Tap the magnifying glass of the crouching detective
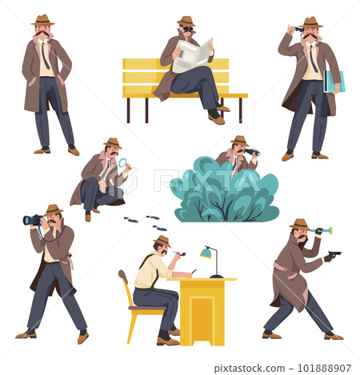click(x=122, y=163)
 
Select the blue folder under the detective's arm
click(x=334, y=82)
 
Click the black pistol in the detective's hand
click(x=333, y=256)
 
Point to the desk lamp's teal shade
click(x=206, y=253)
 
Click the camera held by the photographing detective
click(x=34, y=220)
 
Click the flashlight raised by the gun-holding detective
click(x=322, y=231)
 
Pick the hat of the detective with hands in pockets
click(x=42, y=19)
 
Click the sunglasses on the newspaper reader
click(x=186, y=29)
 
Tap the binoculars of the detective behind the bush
click(x=251, y=152)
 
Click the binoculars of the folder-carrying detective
click(x=300, y=29)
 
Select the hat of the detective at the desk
click(x=162, y=240)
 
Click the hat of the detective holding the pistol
click(x=300, y=224)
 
